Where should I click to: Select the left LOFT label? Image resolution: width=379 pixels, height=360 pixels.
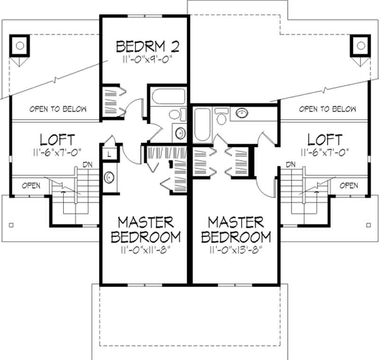[57, 140]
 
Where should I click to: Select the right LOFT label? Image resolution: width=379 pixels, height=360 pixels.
[325, 140]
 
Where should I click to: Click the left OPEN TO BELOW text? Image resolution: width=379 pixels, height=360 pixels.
[58, 109]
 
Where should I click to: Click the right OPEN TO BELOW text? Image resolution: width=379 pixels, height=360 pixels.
[327, 109]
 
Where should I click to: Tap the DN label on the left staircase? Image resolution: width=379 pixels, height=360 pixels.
[87, 164]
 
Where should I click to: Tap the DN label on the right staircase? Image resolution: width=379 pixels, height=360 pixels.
[290, 164]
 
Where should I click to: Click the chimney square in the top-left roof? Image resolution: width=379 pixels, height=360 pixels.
[20, 46]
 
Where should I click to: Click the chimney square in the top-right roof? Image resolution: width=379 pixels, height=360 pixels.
[361, 46]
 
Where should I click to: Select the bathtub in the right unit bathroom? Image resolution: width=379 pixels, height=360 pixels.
[201, 124]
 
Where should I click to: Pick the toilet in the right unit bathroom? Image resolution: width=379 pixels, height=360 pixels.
[221, 116]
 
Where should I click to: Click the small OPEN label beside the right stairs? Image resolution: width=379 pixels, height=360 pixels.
[349, 185]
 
